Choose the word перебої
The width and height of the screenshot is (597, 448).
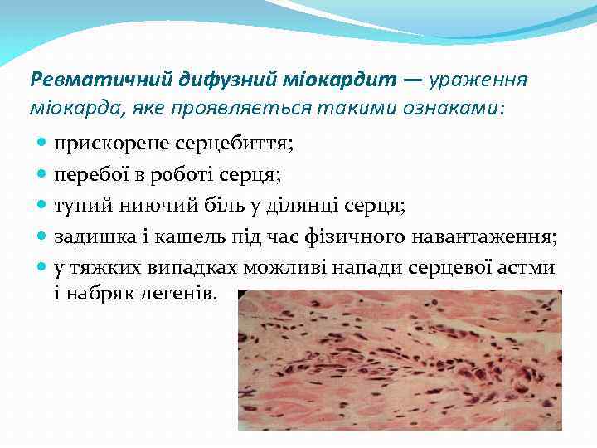[88, 174]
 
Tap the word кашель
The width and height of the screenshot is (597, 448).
[177, 237]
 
